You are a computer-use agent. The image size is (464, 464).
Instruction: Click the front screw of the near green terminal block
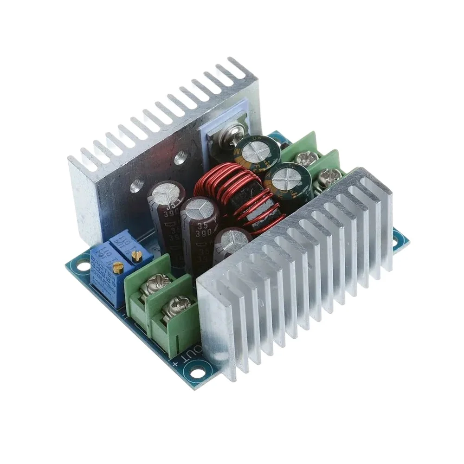pyautogui.click(x=180, y=305)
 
